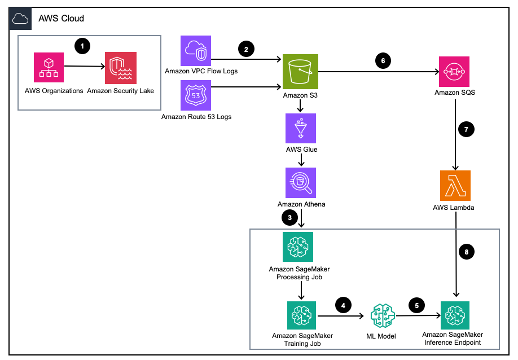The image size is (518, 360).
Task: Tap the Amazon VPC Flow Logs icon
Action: click(195, 51)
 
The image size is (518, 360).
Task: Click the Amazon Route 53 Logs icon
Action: click(195, 95)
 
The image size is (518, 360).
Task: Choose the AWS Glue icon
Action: click(301, 128)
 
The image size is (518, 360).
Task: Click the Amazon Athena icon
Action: click(301, 182)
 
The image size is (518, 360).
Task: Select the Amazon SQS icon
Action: click(454, 71)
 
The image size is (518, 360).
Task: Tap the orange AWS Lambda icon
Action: click(454, 186)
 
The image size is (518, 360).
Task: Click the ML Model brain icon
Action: click(380, 317)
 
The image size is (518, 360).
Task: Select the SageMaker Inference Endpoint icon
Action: click(454, 316)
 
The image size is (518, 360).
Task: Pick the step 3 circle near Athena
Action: click(289, 217)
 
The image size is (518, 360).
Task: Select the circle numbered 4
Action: click(343, 305)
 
